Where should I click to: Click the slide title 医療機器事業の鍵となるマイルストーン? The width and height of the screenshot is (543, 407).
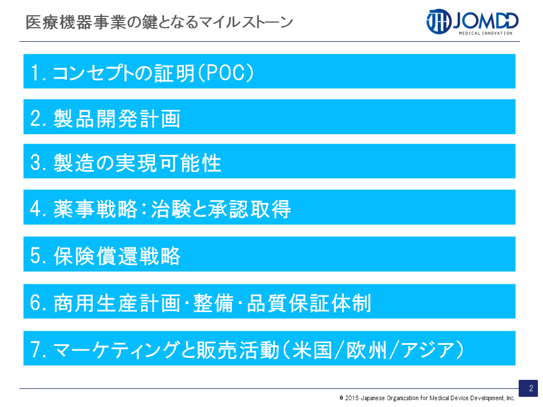(160, 22)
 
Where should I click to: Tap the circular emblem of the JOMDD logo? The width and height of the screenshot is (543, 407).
(439, 21)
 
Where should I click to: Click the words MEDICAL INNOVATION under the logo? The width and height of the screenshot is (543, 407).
(485, 33)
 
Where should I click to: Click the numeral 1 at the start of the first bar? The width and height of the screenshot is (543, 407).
(35, 73)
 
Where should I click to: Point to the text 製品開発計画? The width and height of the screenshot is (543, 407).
(118, 118)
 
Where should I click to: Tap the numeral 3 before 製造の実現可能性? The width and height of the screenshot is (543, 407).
(36, 163)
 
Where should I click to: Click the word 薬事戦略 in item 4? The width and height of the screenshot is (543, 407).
(96, 209)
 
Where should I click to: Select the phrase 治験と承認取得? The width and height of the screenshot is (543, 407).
(221, 209)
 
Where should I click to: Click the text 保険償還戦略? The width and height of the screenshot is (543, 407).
(118, 256)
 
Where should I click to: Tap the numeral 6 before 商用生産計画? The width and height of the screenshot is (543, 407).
(36, 303)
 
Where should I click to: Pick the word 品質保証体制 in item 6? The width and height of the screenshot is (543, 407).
(309, 303)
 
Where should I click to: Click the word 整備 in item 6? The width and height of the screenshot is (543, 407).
(213, 303)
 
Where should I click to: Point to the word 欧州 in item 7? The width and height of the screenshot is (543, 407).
(367, 349)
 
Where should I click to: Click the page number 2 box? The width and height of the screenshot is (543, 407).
(528, 388)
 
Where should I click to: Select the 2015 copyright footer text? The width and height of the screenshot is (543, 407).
(427, 399)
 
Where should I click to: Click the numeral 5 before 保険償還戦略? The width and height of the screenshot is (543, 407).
(36, 256)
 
